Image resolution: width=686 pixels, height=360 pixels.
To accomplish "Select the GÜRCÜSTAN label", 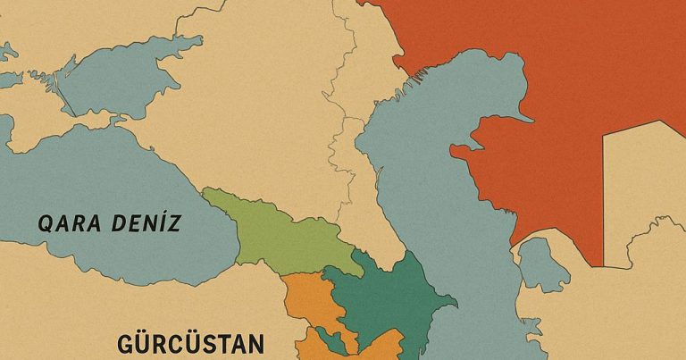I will (191, 344).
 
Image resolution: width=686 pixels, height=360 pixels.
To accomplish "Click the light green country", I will (268, 230).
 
